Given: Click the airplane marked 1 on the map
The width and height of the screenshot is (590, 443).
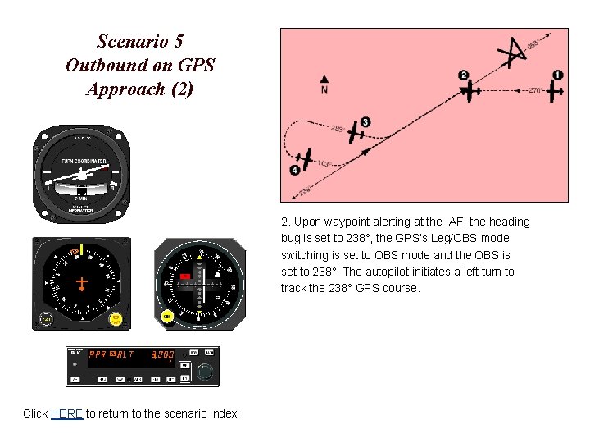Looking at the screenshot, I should (555, 89).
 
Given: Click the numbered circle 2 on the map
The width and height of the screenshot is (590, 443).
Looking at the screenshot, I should (464, 75).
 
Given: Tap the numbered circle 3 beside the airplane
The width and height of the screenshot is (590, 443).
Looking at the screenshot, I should (365, 122).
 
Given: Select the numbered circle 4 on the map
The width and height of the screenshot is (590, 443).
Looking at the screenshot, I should (295, 170).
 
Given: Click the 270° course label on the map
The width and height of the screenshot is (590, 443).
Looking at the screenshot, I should (535, 90).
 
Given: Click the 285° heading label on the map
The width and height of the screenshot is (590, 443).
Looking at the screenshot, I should (337, 128).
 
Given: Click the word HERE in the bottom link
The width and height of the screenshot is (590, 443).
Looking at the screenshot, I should (66, 413).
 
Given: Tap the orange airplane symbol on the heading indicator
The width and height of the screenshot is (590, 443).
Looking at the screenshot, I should (81, 283).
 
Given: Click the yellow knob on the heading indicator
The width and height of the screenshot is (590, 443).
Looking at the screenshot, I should (116, 318).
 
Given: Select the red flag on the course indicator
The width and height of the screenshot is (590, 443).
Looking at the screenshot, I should (185, 277).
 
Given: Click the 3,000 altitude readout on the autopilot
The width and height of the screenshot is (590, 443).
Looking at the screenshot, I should (161, 355).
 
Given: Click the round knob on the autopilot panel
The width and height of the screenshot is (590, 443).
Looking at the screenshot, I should (205, 372).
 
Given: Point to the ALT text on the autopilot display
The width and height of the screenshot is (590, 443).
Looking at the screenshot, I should (124, 354).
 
